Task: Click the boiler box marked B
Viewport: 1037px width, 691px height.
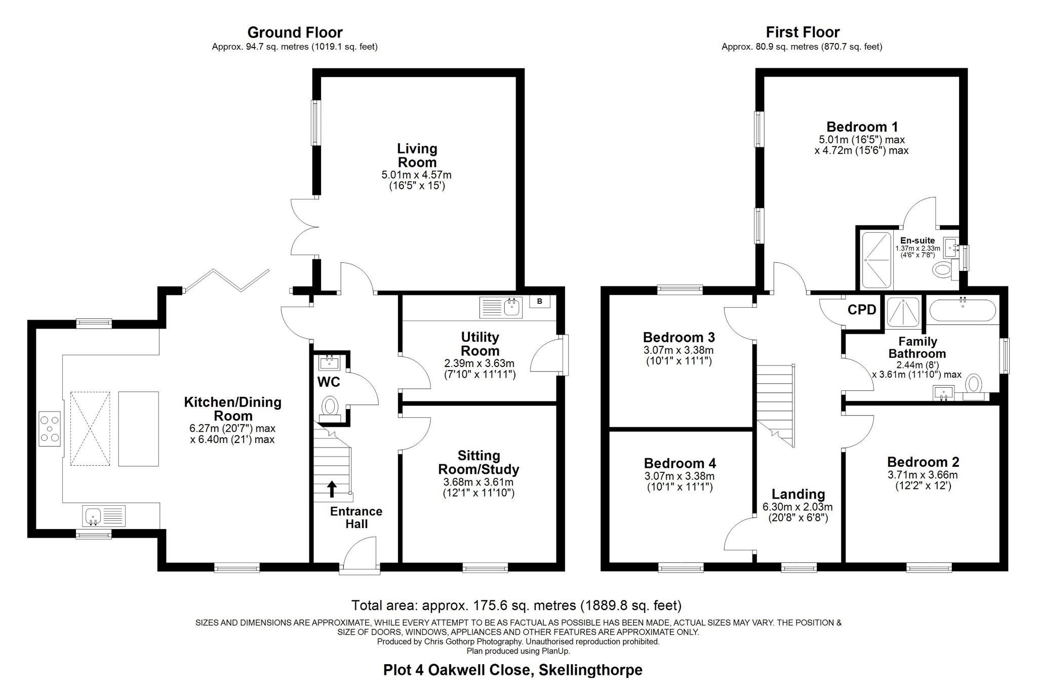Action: click(539, 302)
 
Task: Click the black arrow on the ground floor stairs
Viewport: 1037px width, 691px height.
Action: click(332, 489)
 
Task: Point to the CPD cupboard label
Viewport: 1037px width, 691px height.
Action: click(862, 310)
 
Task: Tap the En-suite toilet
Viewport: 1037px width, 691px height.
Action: click(943, 270)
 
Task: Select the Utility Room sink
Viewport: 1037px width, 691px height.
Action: click(512, 307)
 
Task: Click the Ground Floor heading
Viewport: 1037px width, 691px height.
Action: click(295, 32)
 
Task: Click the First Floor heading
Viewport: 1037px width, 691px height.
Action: click(803, 32)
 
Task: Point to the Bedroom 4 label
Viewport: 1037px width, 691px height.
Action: click(680, 463)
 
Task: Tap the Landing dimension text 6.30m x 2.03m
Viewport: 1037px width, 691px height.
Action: click(797, 507)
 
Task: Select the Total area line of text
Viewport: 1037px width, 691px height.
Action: click(516, 605)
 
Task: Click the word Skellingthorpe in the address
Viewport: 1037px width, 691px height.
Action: click(590, 670)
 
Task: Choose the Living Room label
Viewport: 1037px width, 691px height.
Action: click(417, 155)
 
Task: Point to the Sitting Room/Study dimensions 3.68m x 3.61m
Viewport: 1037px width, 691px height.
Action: click(478, 482)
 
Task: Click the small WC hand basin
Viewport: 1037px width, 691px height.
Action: click(330, 362)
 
